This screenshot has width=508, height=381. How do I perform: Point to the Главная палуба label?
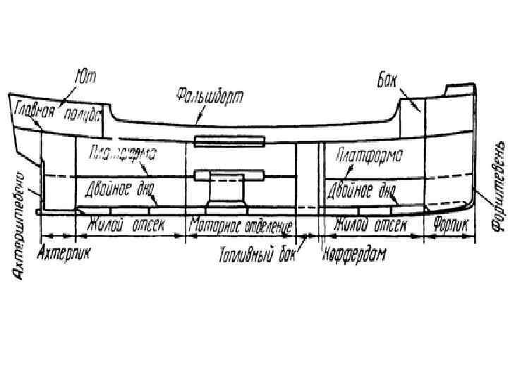tap(59, 111)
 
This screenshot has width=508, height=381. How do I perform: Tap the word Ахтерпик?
tap(64, 250)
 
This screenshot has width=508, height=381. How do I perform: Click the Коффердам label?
tap(356, 254)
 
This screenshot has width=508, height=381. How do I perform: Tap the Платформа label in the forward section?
tap(369, 155)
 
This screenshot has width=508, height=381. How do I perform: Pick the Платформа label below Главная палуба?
tap(122, 153)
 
